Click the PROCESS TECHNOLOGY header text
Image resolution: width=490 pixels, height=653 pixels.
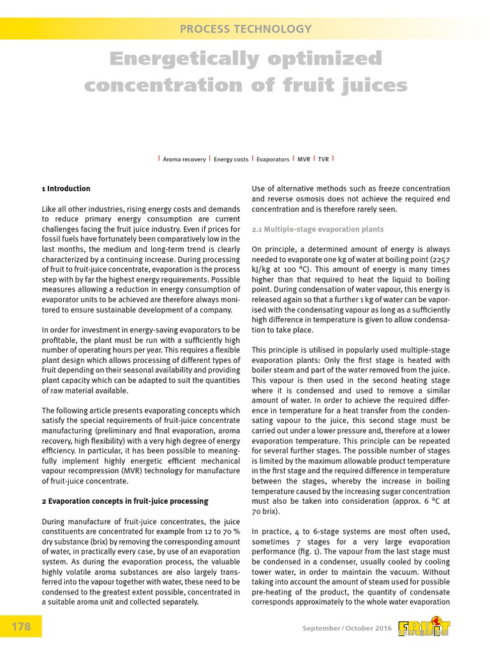(246, 29)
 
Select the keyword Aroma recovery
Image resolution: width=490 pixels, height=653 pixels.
(184, 159)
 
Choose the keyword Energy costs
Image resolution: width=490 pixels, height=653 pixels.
(231, 159)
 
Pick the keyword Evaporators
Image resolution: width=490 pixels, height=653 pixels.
(272, 159)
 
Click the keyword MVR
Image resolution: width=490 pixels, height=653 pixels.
(304, 159)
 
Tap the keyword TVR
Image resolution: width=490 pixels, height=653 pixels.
(323, 159)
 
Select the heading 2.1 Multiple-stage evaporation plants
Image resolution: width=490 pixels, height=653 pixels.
(318, 228)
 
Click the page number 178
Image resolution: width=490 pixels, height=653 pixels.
(21, 627)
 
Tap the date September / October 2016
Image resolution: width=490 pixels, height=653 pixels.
(347, 629)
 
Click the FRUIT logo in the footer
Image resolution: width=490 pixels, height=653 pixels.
(424, 627)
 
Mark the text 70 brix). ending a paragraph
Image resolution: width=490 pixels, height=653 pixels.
(267, 511)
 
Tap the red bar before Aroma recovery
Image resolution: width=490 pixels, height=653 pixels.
(158, 158)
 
